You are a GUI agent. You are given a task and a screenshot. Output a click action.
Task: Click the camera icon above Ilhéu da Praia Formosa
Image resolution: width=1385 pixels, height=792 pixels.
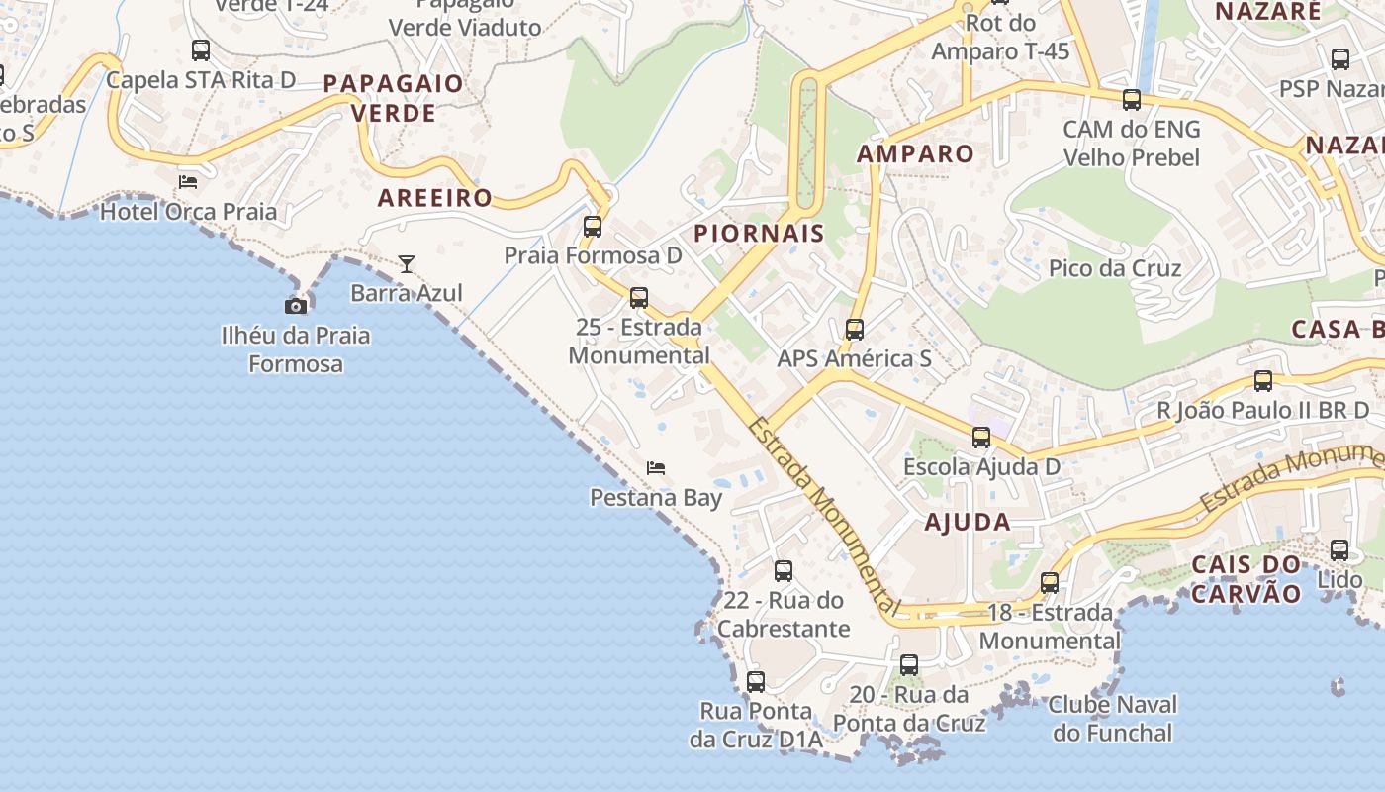[295, 306]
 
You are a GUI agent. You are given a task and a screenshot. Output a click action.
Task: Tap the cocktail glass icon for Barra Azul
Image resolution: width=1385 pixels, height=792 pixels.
[407, 264]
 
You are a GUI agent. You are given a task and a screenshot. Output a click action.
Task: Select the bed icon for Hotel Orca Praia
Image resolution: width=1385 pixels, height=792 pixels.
[188, 182]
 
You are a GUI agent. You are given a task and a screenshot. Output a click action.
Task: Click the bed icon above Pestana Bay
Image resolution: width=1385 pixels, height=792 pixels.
[656, 467]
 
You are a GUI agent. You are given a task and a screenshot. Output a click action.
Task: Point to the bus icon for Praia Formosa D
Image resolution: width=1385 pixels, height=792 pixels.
[593, 227]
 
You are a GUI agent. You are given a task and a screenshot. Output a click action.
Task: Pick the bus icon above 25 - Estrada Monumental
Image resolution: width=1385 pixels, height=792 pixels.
[639, 297]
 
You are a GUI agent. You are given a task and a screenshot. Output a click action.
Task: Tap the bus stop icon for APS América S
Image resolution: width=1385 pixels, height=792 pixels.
[855, 330]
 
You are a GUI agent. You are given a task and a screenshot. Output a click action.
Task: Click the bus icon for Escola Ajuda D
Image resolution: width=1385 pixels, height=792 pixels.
[981, 438]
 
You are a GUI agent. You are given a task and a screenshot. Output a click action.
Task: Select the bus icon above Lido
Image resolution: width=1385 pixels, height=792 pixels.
[1339, 550]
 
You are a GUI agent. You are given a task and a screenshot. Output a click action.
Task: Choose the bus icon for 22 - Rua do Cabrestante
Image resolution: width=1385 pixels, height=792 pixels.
[784, 571]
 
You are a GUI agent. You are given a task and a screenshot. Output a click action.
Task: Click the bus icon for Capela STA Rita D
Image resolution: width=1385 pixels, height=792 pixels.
[201, 50]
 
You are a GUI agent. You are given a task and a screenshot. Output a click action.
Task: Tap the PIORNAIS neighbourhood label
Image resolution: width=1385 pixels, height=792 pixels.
[759, 234]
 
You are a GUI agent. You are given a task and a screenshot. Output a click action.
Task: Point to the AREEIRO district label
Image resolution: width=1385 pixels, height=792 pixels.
[435, 197]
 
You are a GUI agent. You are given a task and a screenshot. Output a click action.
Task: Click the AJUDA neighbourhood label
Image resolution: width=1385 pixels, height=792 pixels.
[968, 523]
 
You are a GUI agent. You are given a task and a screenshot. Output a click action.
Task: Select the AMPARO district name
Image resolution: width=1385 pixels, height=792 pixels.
[915, 153]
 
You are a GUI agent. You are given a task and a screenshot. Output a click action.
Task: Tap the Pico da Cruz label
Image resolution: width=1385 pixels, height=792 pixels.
[1115, 268]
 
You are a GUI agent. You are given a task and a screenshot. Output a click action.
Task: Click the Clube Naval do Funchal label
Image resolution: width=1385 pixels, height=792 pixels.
[1113, 719]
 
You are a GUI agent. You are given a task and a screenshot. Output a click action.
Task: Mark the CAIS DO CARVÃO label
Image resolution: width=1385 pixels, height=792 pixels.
[1246, 579]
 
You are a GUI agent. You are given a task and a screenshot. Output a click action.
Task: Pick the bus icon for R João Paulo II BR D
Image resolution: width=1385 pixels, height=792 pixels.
[1263, 381]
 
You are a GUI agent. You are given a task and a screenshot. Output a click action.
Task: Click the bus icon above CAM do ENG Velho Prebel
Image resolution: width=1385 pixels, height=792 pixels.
[1132, 100]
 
